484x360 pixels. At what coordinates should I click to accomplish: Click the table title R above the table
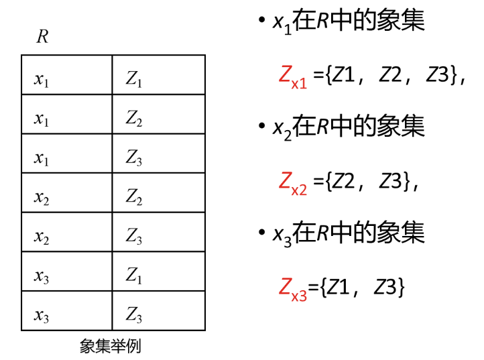tap(42, 36)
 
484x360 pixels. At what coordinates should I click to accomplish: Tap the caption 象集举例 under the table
tap(110, 346)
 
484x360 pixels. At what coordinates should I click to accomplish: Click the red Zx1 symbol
tap(292, 76)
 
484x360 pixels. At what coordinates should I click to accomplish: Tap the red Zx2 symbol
tap(292, 182)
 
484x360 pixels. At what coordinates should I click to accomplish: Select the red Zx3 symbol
tap(292, 288)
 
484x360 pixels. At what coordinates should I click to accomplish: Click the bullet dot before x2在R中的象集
tap(261, 127)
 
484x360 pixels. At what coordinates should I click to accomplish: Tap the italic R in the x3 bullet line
tap(322, 233)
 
